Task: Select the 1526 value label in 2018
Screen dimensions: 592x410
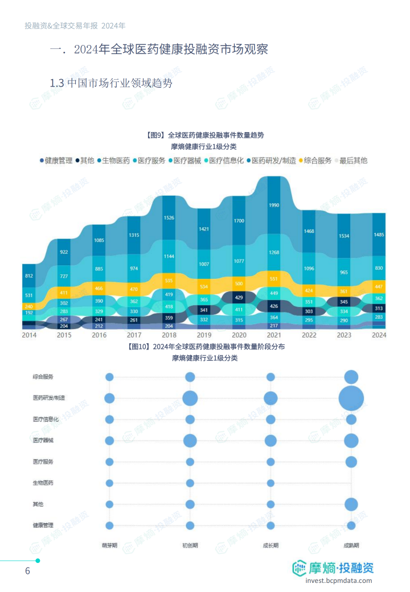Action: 169,217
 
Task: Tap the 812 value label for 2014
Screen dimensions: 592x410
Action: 29,276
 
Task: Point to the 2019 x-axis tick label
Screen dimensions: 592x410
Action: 204,335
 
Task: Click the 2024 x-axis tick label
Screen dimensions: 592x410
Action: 379,335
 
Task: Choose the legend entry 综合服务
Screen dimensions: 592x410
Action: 314,161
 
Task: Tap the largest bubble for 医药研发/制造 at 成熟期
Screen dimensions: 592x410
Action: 351,398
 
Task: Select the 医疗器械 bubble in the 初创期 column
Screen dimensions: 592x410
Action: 190,441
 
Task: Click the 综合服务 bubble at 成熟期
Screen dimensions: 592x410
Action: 351,377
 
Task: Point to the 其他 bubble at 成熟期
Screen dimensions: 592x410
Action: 351,504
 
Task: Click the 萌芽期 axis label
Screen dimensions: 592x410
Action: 109,545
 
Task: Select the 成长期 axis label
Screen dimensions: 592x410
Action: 270,545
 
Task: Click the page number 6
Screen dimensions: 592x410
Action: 27,571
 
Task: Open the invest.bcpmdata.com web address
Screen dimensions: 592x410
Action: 338,581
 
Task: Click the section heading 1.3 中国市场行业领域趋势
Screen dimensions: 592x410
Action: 111,83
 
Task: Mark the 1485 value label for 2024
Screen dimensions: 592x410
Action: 379,235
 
